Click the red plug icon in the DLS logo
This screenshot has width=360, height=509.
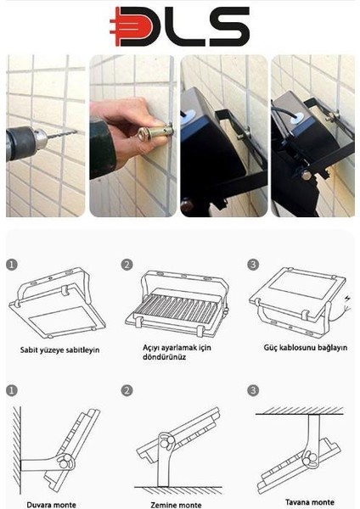pos(132,26)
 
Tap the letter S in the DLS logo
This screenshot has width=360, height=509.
pos(229,26)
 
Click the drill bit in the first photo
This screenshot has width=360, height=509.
pos(62,134)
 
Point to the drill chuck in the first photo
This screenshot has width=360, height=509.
pos(40,139)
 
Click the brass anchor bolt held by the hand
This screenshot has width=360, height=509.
pos(155,133)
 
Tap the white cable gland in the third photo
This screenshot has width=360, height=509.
pos(189,115)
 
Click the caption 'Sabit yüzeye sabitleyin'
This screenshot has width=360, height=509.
pos(59,350)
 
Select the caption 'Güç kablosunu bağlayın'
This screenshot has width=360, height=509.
pos(306,348)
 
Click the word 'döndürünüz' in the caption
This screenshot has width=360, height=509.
pos(164,357)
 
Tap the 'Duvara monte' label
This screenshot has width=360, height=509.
pos(51,505)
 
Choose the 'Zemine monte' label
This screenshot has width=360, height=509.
pos(176,505)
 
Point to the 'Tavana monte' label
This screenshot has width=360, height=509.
pos(310,502)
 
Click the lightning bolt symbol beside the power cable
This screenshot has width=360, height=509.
pos(348,298)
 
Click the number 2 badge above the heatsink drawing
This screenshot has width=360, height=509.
pos(127,265)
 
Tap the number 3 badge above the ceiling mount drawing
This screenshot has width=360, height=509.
pos(253,390)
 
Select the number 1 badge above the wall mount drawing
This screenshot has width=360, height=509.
pos(12,390)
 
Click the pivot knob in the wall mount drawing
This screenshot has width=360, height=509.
pos(65,461)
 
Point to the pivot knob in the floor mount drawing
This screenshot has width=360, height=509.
pos(166,442)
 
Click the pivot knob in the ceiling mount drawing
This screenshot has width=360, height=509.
pos(310,459)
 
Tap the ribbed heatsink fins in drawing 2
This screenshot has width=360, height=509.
pos(178,309)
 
